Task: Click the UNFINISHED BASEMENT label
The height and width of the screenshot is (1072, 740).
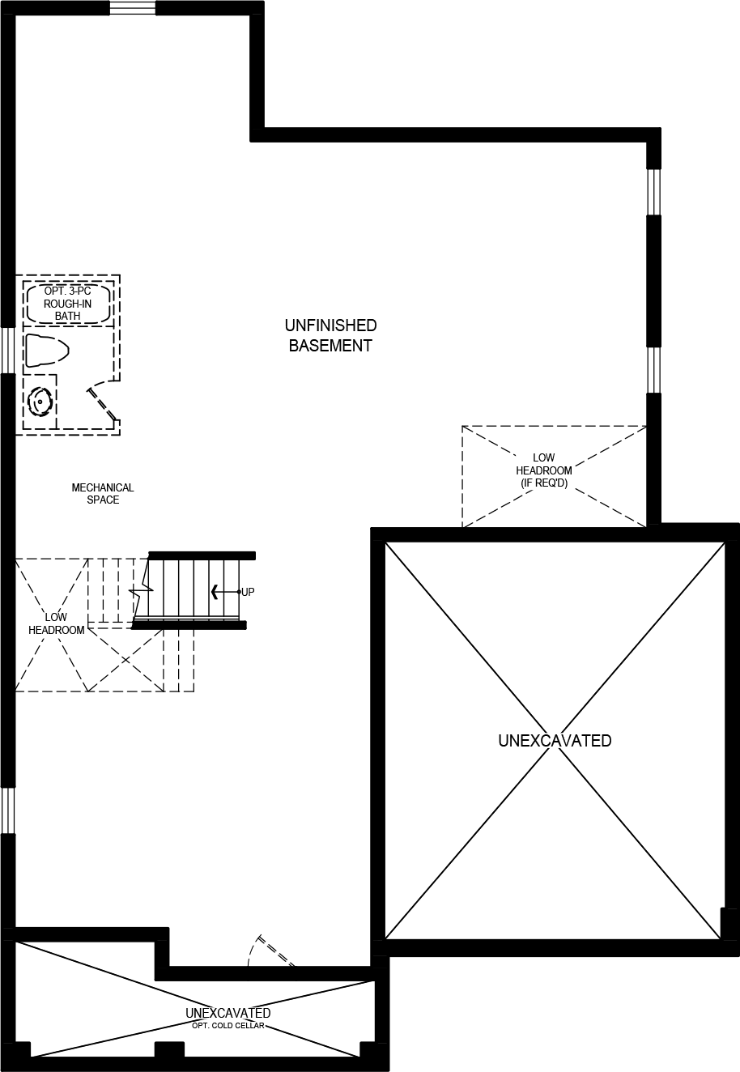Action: (x=330, y=335)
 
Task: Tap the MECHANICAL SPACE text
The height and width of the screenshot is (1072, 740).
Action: (x=103, y=494)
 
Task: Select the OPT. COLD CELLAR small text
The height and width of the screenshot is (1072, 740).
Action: (x=228, y=1025)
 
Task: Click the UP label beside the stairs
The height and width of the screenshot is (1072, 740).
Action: (x=248, y=592)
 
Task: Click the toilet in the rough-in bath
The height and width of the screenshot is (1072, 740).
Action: (x=46, y=351)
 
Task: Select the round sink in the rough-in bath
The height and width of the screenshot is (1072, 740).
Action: (x=39, y=401)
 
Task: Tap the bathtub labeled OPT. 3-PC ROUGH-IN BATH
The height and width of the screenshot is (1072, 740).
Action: (x=68, y=303)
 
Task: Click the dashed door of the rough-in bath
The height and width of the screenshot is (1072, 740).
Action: (x=103, y=402)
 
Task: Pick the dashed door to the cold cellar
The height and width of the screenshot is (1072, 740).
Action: (x=273, y=951)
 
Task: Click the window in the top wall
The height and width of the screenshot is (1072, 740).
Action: (x=133, y=8)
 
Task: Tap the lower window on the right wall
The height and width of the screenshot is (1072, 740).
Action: (x=653, y=370)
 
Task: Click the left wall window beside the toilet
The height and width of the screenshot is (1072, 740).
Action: (x=7, y=351)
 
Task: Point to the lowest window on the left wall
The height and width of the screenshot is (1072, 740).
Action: (x=7, y=810)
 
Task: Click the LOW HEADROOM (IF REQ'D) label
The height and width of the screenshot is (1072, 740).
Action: (x=544, y=470)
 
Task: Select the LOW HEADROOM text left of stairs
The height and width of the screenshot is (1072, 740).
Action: (x=56, y=623)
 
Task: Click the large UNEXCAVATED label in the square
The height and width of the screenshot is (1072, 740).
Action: (x=555, y=740)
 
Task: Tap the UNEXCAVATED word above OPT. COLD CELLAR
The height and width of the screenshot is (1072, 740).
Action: (x=228, y=1013)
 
